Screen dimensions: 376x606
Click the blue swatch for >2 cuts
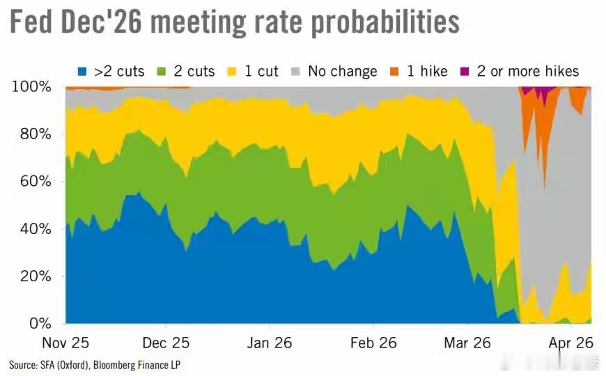[82, 71]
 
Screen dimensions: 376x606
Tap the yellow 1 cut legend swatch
[230, 71]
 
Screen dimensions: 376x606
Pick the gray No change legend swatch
[297, 71]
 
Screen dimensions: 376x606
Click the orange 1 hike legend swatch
[394, 71]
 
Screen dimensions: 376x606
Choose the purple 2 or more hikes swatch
[463, 71]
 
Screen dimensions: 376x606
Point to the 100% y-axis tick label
[32, 87]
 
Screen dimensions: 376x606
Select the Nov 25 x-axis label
[65, 343]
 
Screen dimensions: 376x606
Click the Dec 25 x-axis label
[166, 343]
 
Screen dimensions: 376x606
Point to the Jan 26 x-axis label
[269, 343]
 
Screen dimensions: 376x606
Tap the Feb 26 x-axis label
[373, 343]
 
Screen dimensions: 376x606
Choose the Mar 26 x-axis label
[467, 343]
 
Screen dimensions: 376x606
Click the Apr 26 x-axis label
[570, 343]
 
